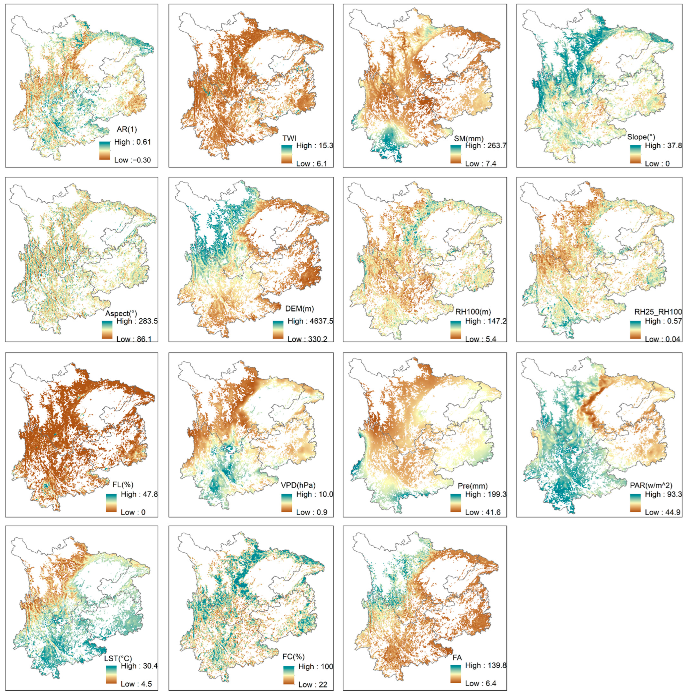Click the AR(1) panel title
point(127,129)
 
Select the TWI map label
point(289,138)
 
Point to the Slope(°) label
point(641,137)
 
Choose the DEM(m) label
point(299,308)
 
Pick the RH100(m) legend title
point(473,312)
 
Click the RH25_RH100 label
point(658,312)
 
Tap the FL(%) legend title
point(120,484)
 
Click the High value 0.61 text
point(133,142)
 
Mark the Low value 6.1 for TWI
point(312,164)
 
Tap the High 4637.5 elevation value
point(310,321)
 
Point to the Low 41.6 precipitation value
point(483,512)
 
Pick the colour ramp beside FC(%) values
point(289,675)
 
